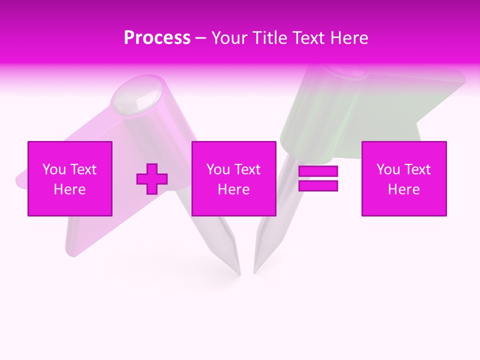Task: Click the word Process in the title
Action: pos(157,38)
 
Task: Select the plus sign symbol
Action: pos(152,178)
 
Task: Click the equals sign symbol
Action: pos(318,178)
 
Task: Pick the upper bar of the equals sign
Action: pos(318,171)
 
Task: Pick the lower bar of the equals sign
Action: pos(318,185)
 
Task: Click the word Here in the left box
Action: pos(70,189)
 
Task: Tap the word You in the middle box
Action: pos(218,169)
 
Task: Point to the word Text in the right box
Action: pos(417,169)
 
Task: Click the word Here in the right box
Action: pos(404,189)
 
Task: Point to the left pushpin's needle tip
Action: pos(239,273)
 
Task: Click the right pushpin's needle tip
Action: pos(254,272)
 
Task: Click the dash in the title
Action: pos(200,38)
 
